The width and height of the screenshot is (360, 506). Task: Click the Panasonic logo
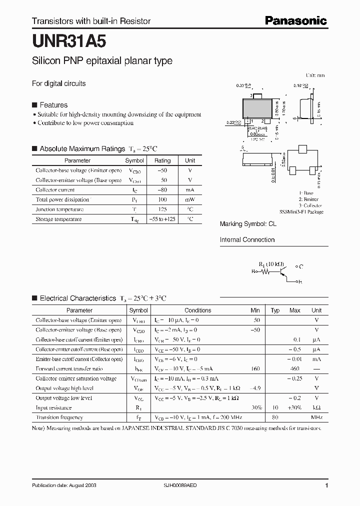click(295, 20)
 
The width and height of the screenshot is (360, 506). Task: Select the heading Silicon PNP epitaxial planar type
click(102, 61)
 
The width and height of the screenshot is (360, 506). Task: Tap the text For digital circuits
click(59, 83)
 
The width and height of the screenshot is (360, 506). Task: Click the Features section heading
click(53, 105)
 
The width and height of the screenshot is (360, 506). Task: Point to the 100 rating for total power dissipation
click(162, 199)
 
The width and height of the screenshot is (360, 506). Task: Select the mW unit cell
click(190, 199)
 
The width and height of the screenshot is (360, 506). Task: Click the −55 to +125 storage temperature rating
click(162, 219)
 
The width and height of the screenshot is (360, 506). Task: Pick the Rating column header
click(162, 160)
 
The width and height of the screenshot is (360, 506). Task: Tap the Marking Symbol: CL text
click(248, 224)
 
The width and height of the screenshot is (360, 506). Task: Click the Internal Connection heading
click(247, 239)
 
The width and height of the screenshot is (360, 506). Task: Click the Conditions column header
click(197, 310)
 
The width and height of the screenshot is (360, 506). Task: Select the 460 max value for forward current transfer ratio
click(294, 368)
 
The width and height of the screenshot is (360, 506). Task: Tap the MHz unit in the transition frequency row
click(316, 417)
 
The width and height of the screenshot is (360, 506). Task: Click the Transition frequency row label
click(59, 417)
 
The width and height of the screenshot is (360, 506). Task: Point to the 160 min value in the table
click(255, 368)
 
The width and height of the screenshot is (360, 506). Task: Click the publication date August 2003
click(64, 485)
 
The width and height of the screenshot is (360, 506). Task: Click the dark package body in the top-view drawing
click(257, 108)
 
